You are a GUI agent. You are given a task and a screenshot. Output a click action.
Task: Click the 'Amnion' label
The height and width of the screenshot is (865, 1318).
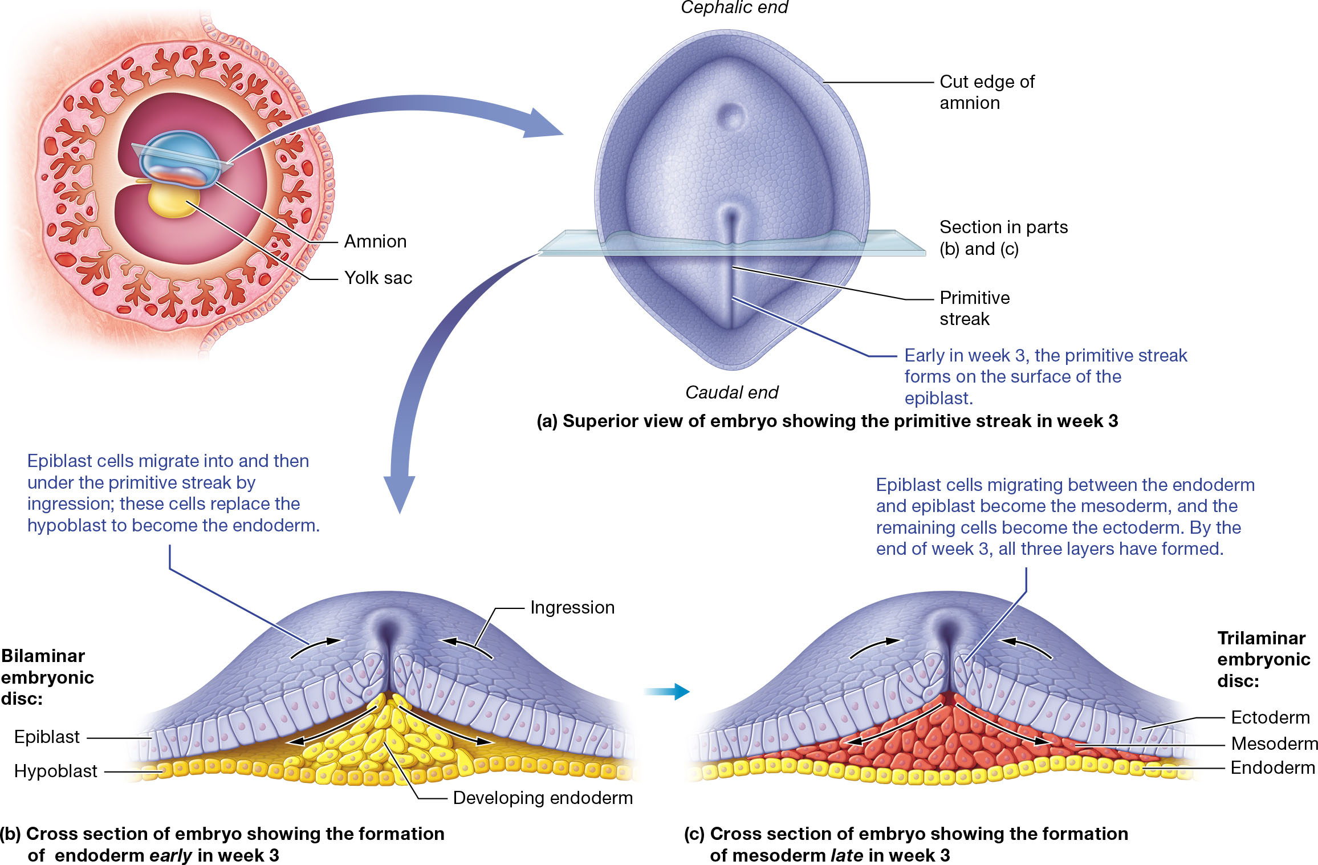[375, 242]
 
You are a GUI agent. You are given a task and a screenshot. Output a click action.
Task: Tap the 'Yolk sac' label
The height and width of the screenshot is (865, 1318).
[378, 278]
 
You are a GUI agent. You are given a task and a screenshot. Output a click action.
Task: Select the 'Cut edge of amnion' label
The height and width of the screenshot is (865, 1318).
[987, 92]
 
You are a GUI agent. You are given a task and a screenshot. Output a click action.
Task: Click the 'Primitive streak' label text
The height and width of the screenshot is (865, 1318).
[974, 308]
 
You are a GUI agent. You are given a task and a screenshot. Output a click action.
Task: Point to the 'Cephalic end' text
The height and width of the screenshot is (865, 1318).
[734, 8]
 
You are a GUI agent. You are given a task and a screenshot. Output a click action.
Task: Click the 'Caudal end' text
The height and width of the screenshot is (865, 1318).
[731, 392]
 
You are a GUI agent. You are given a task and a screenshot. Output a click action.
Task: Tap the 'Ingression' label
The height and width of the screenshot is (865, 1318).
[572, 608]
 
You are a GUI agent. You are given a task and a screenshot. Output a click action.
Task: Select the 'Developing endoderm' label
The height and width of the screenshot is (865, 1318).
[543, 798]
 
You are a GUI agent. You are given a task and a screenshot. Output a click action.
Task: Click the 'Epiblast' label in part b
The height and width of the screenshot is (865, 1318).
[47, 737]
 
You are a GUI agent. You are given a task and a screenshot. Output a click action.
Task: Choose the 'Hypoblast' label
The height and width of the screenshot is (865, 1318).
[56, 771]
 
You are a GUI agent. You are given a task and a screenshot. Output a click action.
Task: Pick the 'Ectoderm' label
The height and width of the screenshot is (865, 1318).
[1270, 717]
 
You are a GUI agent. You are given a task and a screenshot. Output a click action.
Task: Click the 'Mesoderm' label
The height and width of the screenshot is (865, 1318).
[1274, 744]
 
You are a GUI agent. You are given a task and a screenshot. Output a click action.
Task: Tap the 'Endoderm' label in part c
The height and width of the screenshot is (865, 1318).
[1272, 768]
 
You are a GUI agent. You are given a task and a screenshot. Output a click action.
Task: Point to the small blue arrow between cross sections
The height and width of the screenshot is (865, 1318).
[666, 692]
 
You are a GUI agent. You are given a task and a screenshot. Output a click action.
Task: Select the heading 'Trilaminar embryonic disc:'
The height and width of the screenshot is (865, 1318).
[1263, 659]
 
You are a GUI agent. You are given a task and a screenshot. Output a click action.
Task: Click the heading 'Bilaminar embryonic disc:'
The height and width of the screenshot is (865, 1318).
[47, 677]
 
